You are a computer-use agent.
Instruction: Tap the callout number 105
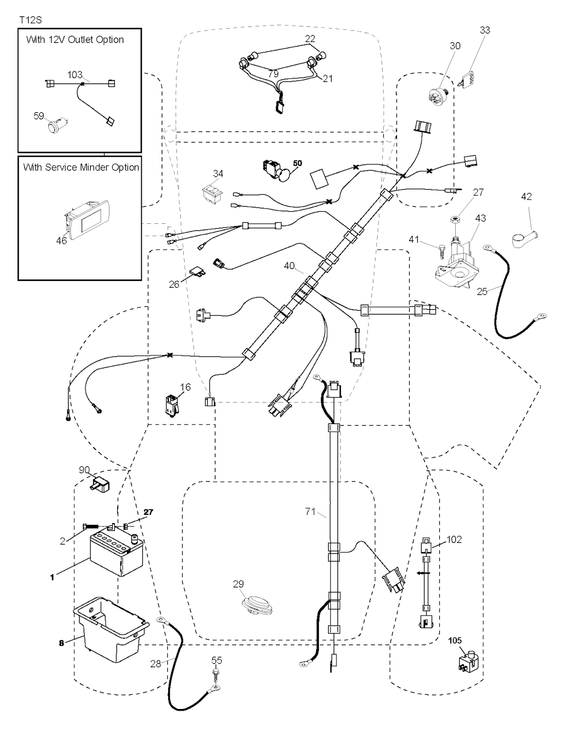[x=455, y=641]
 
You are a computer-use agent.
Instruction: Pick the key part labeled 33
[x=468, y=81]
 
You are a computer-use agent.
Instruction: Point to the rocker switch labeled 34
[x=213, y=194]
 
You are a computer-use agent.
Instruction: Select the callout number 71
[x=311, y=512]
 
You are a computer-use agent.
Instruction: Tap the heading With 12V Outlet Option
[x=75, y=40]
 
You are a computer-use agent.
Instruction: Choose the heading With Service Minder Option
[x=81, y=167]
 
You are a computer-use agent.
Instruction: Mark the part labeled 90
[x=100, y=483]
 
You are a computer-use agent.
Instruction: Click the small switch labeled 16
[x=171, y=405]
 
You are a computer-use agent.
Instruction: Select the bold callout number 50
[x=297, y=163]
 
